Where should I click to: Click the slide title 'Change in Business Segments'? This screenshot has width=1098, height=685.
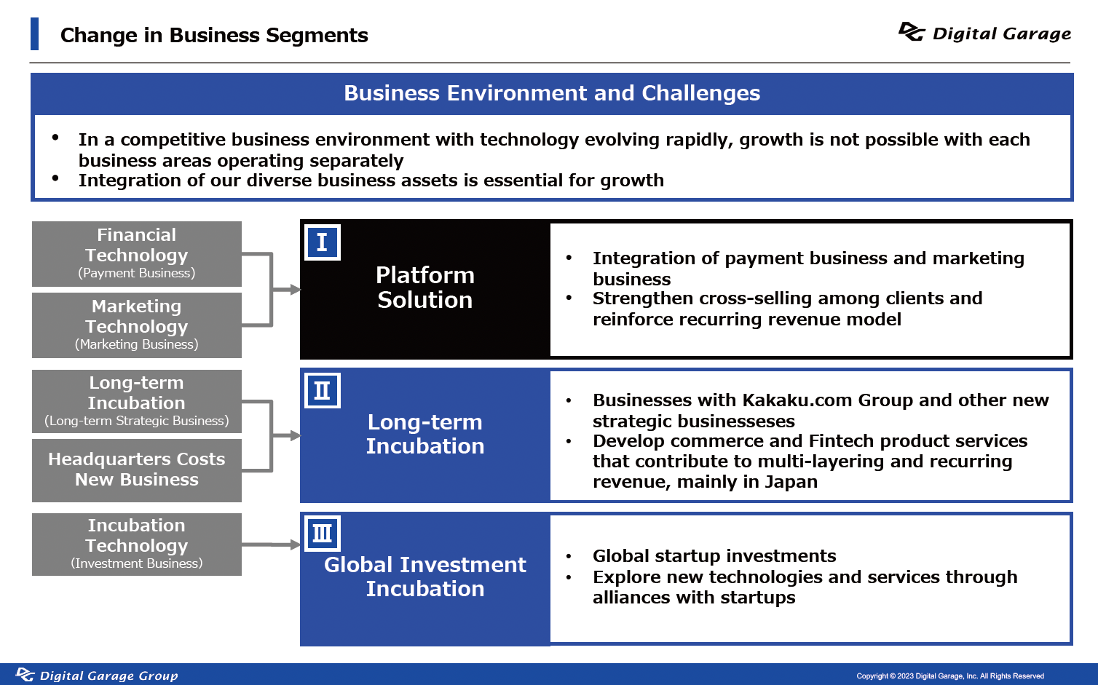pos(214,35)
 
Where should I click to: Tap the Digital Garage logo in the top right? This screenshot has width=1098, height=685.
pos(984,33)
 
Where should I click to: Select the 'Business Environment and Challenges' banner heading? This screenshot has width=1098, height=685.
pos(552,93)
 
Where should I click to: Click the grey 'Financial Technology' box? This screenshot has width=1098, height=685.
pos(137,254)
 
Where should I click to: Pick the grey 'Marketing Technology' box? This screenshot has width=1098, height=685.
pos(137,325)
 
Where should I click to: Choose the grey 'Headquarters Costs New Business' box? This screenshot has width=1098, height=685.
pos(137,470)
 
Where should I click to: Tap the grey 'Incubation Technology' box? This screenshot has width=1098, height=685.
pos(137,545)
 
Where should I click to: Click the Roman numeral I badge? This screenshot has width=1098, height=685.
pos(322,242)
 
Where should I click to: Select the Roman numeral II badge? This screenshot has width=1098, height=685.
pos(322,390)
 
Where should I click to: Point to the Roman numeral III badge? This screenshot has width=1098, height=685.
pos(322,533)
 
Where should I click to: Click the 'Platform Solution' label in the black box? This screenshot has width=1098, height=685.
pos(425,288)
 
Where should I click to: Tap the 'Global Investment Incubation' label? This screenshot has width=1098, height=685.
pos(425,577)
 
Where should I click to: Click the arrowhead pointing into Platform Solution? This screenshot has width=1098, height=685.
pos(295,290)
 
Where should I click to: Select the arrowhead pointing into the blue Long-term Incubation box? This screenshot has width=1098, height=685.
pos(295,435)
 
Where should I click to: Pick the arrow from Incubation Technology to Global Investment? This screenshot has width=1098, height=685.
pos(271,545)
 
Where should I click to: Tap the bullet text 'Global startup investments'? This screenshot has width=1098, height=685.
pos(714,556)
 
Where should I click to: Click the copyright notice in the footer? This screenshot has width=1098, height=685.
pos(950,676)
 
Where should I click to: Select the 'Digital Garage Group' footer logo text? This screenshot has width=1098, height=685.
pos(108,676)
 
